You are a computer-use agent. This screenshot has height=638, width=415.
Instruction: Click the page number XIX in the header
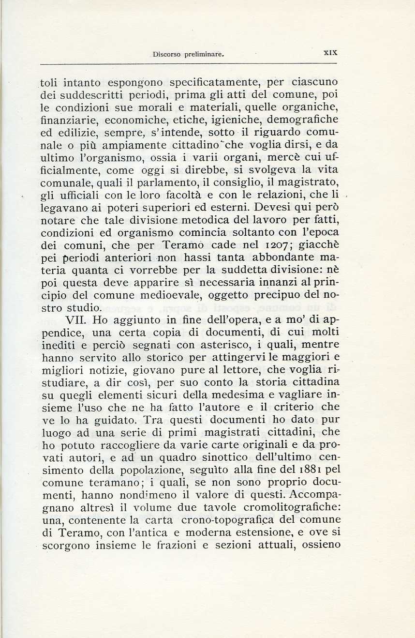click(x=330, y=54)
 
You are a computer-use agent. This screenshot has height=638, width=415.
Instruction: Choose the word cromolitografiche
click(x=286, y=508)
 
